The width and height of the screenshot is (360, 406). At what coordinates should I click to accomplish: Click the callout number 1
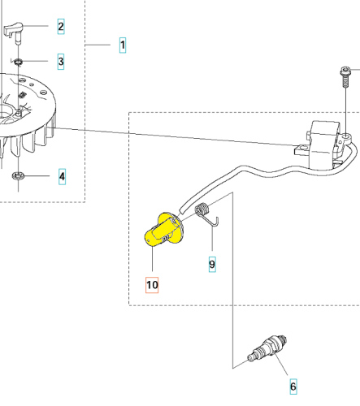(123, 45)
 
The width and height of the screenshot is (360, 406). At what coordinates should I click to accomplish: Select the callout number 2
(61, 26)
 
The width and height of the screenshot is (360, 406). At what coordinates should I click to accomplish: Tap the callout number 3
(61, 62)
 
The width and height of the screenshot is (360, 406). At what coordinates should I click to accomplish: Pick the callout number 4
(62, 176)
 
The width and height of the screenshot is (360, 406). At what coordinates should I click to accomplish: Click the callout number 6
(293, 387)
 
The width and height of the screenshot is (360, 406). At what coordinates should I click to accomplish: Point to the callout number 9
(212, 264)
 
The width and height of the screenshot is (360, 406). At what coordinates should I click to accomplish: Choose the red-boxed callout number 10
(152, 285)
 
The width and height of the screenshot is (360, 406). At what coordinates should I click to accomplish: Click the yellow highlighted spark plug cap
(163, 230)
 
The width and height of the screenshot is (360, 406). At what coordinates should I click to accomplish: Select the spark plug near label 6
(268, 348)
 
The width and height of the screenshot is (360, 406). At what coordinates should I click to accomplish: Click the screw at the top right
(345, 76)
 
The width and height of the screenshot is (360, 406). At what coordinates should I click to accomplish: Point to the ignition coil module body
(323, 145)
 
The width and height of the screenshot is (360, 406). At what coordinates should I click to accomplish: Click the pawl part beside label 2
(13, 32)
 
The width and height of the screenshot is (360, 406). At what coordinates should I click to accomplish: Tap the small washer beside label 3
(18, 63)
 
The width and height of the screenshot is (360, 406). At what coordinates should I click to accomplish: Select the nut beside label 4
(18, 176)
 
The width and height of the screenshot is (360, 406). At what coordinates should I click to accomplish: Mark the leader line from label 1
(98, 45)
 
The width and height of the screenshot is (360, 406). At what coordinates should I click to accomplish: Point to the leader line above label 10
(152, 258)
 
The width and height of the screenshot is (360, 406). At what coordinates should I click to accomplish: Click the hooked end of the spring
(216, 221)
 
